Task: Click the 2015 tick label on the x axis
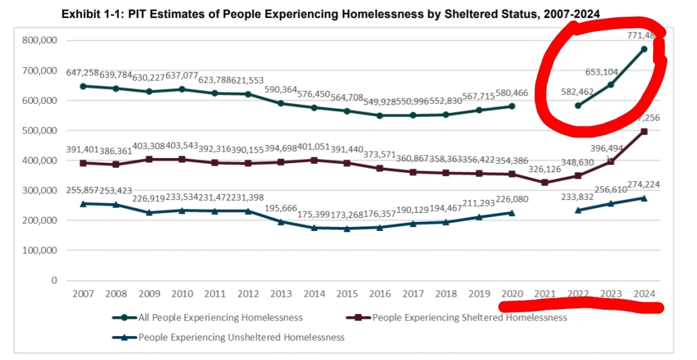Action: coord(347,294)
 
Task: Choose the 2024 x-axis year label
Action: coord(645,294)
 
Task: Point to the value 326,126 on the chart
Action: coord(545,169)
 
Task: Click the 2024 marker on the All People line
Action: coord(644,49)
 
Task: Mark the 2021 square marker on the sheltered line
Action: coord(545,183)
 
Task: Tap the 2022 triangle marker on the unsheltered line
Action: coord(578,210)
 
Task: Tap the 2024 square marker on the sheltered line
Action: coord(644,131)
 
